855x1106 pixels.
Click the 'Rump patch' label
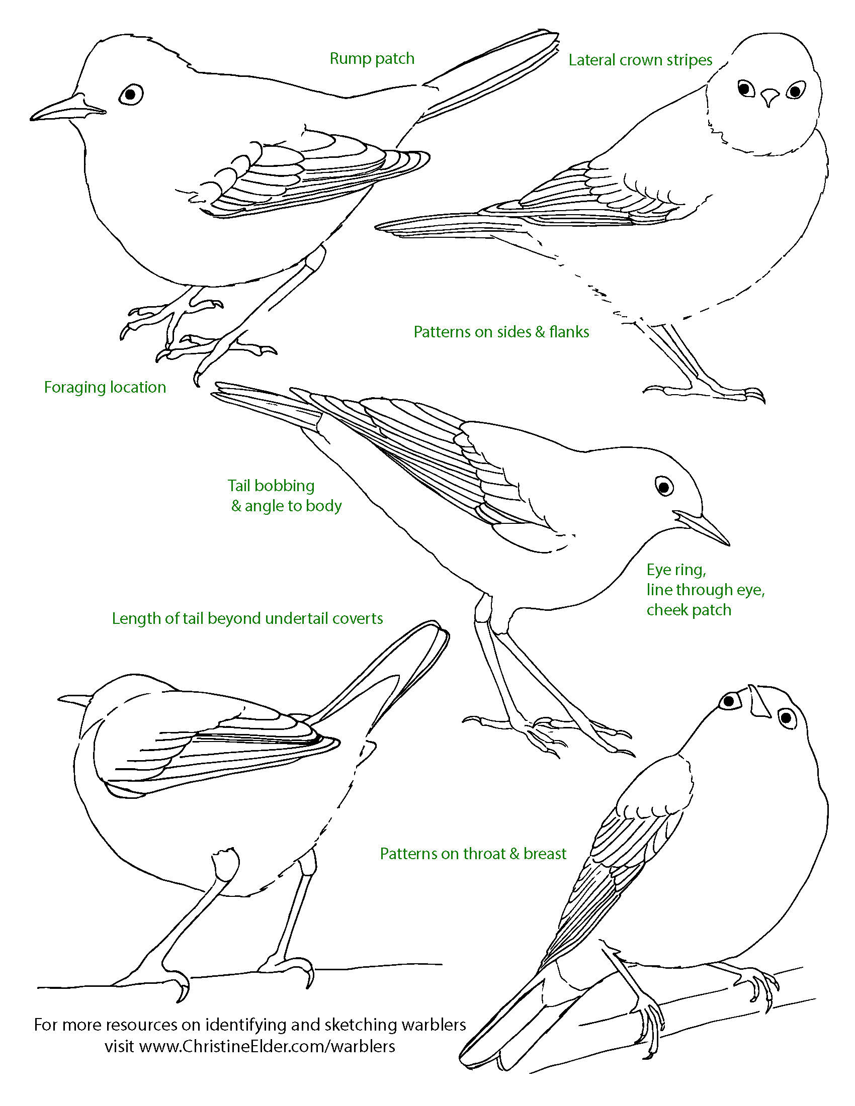click(x=372, y=59)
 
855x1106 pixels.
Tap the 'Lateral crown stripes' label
click(x=640, y=60)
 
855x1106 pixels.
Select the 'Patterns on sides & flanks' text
click(x=501, y=332)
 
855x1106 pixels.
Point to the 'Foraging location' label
click(x=105, y=388)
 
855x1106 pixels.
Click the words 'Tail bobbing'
click(x=271, y=486)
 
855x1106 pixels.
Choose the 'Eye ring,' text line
click(x=676, y=570)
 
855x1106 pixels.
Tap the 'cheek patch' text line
click(x=689, y=610)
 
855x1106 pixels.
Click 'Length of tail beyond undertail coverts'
click(x=247, y=618)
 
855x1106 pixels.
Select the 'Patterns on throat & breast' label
click(x=473, y=854)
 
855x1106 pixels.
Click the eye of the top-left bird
click(x=131, y=94)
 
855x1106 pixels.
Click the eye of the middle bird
click(x=664, y=486)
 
